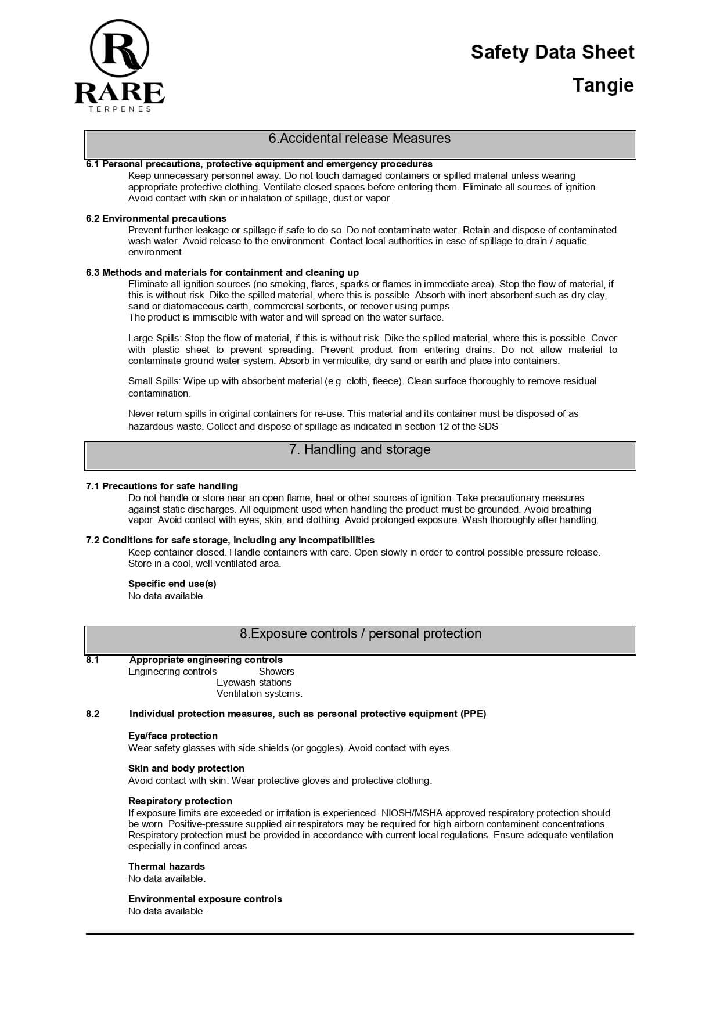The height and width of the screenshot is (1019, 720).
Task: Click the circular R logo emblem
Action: tap(120, 49)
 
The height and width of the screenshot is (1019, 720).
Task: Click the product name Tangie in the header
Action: tap(603, 85)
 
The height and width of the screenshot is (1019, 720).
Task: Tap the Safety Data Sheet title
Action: tap(552, 52)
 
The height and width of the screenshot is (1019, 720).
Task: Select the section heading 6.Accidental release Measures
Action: tap(359, 139)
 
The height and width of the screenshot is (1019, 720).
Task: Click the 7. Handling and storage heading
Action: tap(359, 450)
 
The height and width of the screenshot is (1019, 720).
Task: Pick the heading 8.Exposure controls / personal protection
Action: tap(360, 634)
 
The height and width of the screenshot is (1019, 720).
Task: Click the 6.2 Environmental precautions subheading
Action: tap(156, 219)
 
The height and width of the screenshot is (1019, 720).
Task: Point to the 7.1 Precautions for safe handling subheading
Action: tap(162, 487)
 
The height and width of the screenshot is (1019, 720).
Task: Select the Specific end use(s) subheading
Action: tap(172, 584)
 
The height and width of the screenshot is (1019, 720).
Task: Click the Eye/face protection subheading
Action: tap(173, 736)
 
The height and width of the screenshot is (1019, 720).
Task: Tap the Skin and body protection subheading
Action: tap(186, 769)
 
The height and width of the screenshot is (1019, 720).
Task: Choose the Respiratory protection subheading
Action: tap(180, 801)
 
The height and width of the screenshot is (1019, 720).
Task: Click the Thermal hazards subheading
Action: tap(167, 867)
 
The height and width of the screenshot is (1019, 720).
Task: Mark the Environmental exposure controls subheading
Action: tap(205, 899)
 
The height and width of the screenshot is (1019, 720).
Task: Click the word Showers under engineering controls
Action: tap(276, 672)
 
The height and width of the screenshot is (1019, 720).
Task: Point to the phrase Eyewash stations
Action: tap(254, 683)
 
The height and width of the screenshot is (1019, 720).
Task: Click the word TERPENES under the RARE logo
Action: tap(120, 109)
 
